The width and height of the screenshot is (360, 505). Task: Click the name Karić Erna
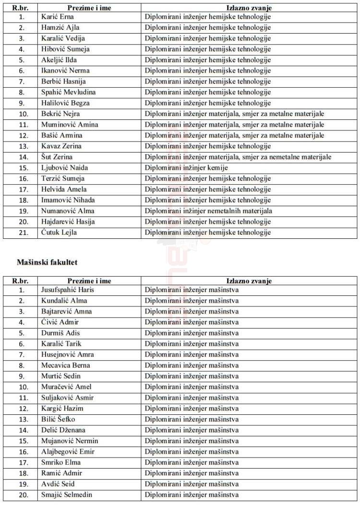pyautogui.click(x=58, y=17)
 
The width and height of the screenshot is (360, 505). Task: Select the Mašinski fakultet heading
pyautogui.click(x=47, y=262)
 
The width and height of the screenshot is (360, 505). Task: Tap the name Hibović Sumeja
pyautogui.click(x=65, y=49)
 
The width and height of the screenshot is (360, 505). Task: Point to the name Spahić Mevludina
pyautogui.click(x=69, y=92)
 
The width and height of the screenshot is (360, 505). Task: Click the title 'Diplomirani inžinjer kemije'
pyautogui.click(x=186, y=168)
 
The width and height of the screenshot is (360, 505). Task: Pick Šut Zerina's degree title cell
pyautogui.click(x=238, y=157)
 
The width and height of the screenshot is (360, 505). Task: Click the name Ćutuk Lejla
pyautogui.click(x=59, y=233)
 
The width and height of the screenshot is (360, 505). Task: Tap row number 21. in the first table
pyautogui.click(x=21, y=233)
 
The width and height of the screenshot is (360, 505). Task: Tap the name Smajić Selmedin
pyautogui.click(x=67, y=494)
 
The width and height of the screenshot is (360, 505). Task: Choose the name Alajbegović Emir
pyautogui.click(x=68, y=452)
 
